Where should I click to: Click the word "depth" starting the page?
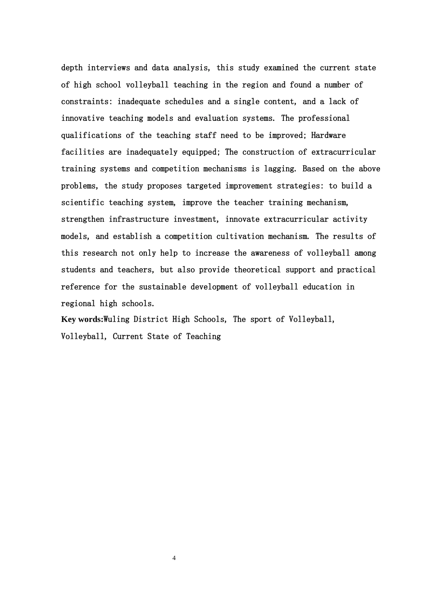(72, 68)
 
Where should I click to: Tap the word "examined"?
(281, 68)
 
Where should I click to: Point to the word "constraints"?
(87, 102)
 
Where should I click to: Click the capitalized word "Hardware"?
(328, 136)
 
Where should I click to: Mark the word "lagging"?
(279, 169)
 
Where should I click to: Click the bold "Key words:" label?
(82, 320)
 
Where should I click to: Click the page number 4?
(174, 559)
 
